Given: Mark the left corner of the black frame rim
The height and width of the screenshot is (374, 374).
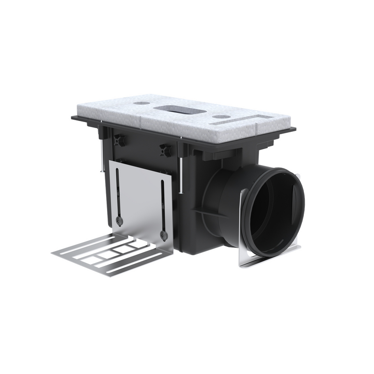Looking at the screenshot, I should [73, 118].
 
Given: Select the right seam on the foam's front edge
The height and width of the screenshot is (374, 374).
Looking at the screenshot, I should [257, 130].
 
